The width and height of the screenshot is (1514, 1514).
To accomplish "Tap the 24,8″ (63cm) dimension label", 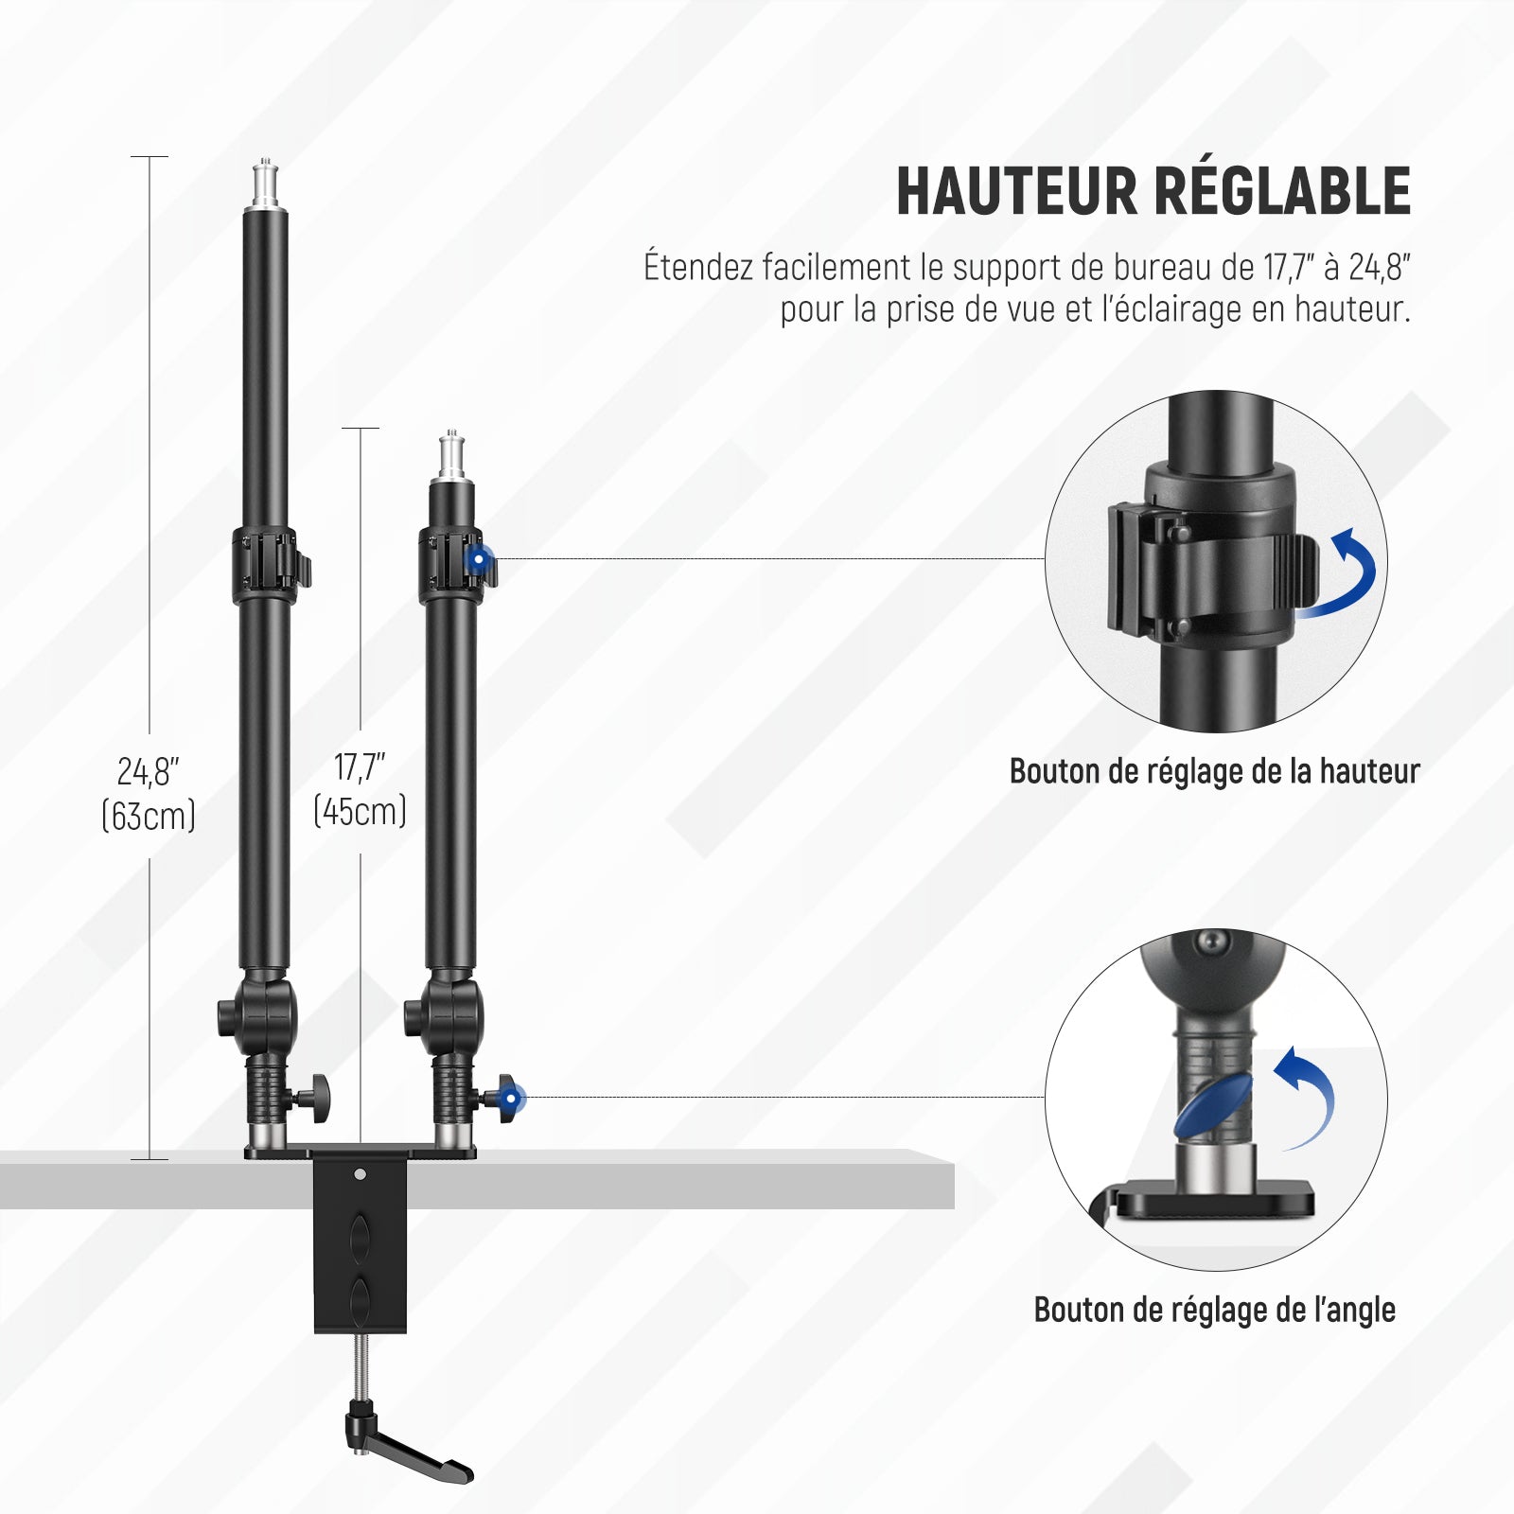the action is tap(149, 793).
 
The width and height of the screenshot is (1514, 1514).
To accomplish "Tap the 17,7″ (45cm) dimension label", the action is tap(360, 789).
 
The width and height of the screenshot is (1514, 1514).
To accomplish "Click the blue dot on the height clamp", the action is tap(479, 559).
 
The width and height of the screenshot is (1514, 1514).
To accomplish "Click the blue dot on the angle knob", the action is tap(512, 1098).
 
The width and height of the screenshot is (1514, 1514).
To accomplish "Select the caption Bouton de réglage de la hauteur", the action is tap(1215, 771).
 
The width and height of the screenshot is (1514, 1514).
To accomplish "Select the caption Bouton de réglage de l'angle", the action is tap(1215, 1310).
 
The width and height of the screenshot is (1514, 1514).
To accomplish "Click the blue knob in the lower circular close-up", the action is tap(1212, 1105).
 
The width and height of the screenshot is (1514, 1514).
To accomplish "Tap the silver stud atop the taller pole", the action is tap(265, 187).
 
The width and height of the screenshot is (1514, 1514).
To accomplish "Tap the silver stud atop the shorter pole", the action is tap(452, 458).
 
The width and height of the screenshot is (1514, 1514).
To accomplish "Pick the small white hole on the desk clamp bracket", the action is tap(360, 1175).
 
